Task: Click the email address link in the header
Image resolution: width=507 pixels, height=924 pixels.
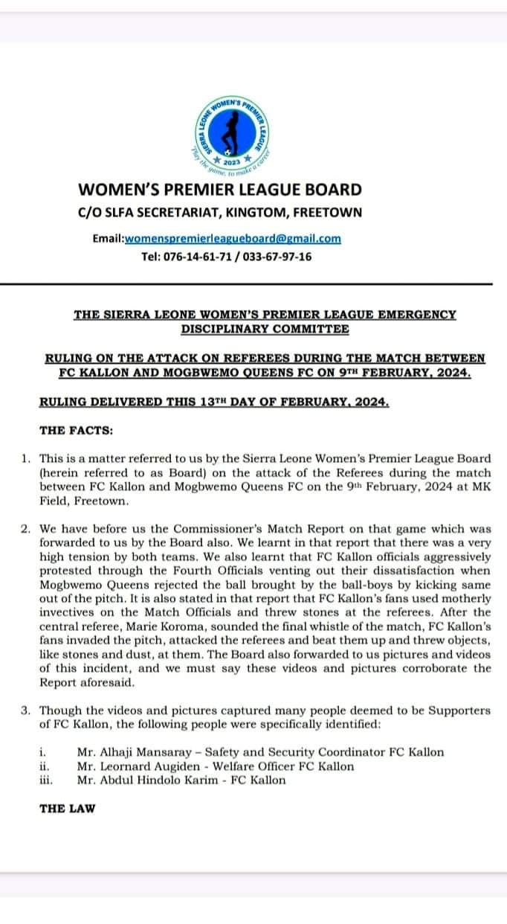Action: [233, 239]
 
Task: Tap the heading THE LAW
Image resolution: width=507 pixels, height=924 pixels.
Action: [68, 808]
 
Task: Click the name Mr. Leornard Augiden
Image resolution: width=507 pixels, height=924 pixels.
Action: [132, 766]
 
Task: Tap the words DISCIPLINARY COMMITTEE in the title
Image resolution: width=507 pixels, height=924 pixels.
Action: [265, 328]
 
